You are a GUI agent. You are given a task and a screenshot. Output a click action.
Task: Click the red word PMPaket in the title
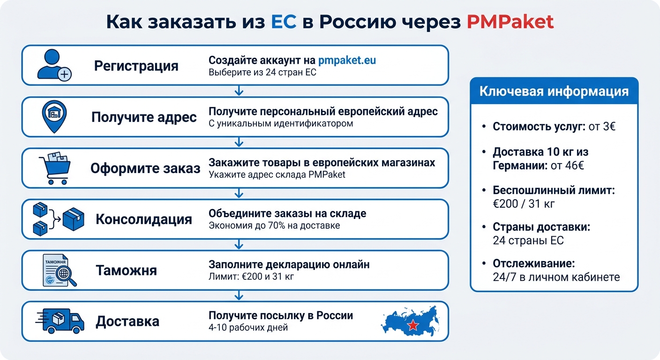tap(510, 22)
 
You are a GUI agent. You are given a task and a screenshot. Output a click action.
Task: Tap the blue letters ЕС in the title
tap(284, 22)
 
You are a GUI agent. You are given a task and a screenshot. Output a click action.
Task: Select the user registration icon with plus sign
tap(54, 65)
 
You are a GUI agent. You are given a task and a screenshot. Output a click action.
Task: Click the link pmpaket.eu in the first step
tap(347, 60)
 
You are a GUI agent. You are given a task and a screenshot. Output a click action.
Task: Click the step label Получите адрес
tap(144, 117)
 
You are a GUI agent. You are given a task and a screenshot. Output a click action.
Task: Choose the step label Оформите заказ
tap(145, 168)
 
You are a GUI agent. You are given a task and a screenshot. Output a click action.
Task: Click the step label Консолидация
tap(144, 219)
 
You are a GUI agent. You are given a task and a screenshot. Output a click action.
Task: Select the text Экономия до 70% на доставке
tap(274, 225)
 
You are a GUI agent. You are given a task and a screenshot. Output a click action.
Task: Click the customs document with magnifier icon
tap(58, 270)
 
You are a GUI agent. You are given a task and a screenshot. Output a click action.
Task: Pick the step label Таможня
tap(126, 270)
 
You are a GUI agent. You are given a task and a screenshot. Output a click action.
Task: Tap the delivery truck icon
tap(60, 321)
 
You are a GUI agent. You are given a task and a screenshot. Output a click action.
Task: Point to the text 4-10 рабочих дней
tap(248, 327)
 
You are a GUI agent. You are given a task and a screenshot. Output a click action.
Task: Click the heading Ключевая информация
tap(554, 91)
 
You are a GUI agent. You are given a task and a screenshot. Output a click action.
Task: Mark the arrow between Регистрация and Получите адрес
tap(239, 91)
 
